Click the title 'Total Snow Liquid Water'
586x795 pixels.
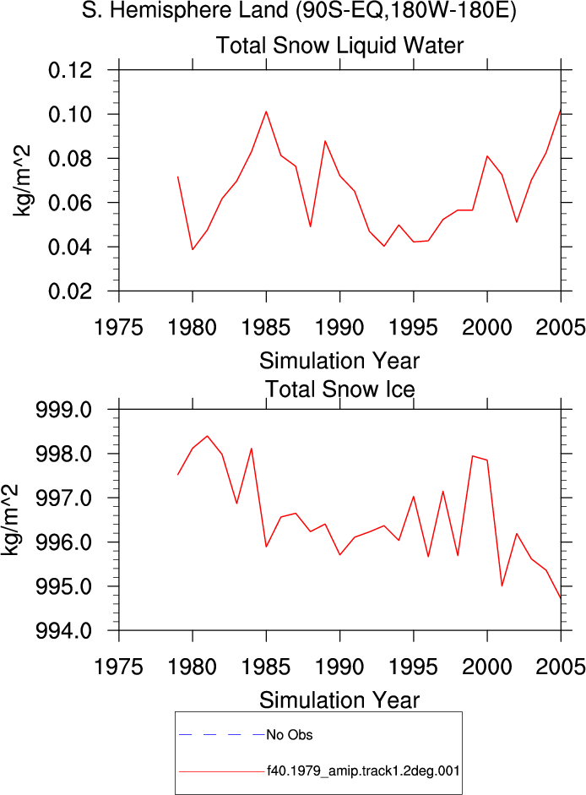tap(339, 45)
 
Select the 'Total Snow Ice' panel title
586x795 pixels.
tap(339, 389)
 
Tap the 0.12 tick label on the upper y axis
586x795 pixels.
tap(70, 70)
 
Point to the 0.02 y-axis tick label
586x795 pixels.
tap(70, 291)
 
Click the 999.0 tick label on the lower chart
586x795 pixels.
tap(64, 409)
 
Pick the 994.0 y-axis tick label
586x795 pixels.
tap(64, 631)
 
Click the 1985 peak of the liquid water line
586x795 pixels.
tap(266, 112)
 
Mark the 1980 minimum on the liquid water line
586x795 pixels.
tap(193, 249)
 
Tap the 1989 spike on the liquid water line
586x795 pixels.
tap(325, 141)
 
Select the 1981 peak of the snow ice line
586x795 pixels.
tap(208, 436)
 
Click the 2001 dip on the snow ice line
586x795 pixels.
tap(502, 585)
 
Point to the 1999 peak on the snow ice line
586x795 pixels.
tap(473, 456)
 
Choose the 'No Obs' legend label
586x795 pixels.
tap(290, 735)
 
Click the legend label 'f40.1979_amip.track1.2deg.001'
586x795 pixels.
tap(363, 771)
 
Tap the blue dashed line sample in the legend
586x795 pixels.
tap(222, 735)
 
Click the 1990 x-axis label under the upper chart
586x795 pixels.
tap(339, 328)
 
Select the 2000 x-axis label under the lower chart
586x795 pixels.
tap(487, 667)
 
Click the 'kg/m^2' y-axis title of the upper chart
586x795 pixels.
tap(22, 181)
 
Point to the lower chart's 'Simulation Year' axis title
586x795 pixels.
tap(339, 700)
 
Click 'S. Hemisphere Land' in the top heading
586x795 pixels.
tap(186, 11)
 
